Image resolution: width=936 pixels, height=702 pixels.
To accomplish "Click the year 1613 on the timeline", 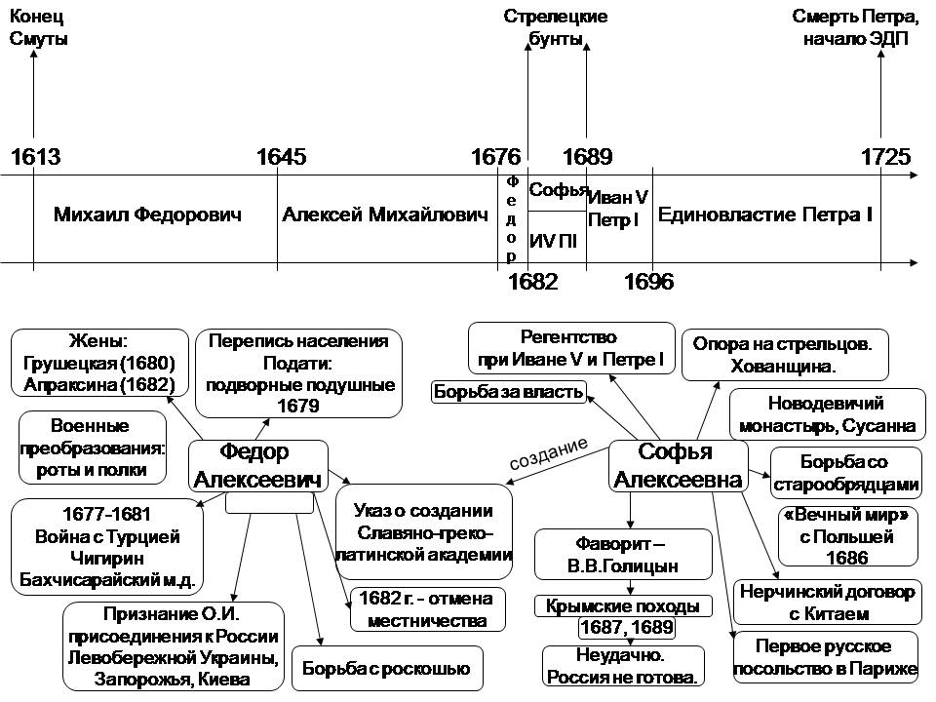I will [x=35, y=157].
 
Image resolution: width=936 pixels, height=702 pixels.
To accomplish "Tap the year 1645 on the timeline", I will [x=280, y=157].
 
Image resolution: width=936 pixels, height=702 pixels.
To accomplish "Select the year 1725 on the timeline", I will [x=885, y=157].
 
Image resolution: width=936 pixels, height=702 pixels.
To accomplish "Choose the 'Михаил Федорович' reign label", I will [x=147, y=214].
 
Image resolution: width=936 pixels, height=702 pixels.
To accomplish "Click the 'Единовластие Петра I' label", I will [x=765, y=214].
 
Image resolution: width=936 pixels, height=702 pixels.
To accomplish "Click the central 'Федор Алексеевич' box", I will [x=256, y=466].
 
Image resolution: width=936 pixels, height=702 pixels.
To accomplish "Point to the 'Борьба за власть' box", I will [x=509, y=392].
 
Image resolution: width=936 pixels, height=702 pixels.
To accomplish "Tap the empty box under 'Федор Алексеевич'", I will [x=269, y=503].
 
